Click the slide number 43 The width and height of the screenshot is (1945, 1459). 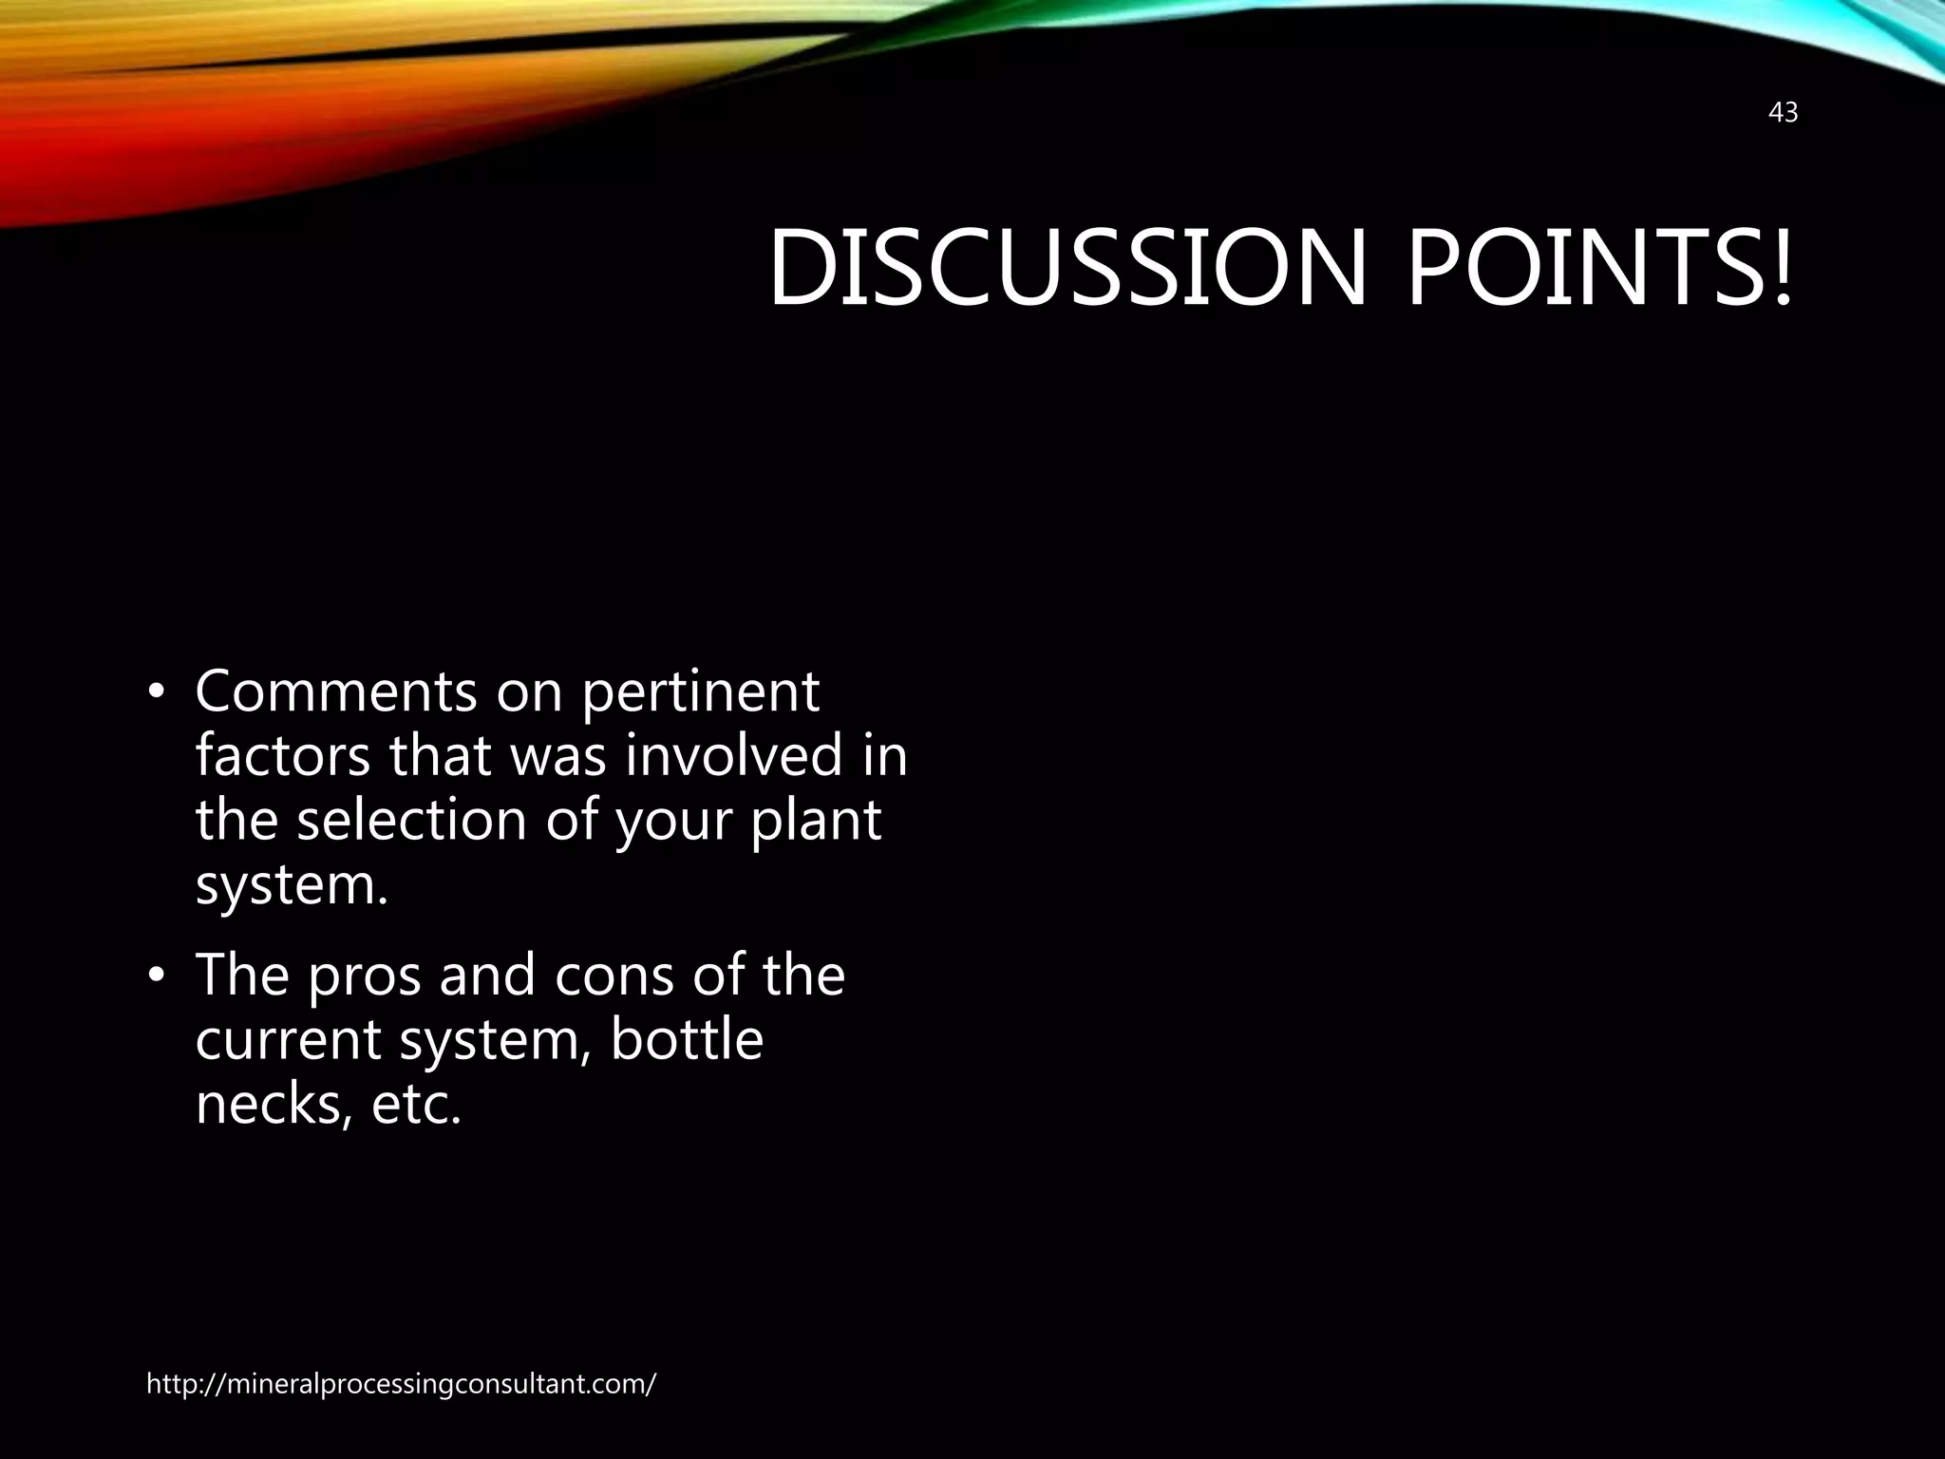pyautogui.click(x=1783, y=113)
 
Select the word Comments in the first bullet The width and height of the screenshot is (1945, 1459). pyautogui.click(x=335, y=692)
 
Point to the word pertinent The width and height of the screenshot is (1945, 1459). pyautogui.click(x=700, y=693)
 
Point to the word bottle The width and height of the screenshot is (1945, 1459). pyautogui.click(x=687, y=1039)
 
